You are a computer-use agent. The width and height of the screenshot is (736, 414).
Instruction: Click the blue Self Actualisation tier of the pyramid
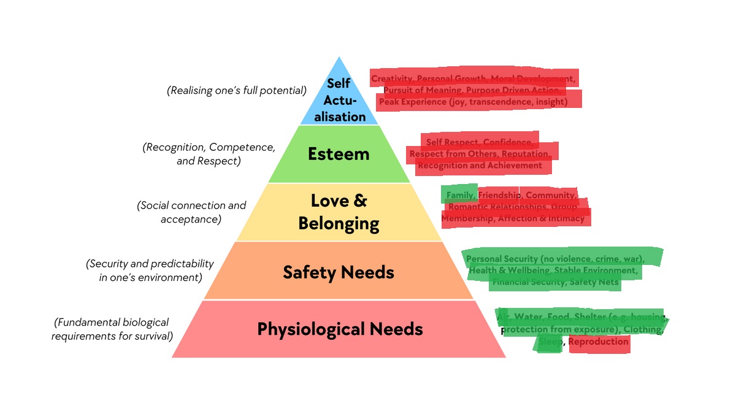(338, 99)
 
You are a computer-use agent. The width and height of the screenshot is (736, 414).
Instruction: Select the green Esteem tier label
(339, 153)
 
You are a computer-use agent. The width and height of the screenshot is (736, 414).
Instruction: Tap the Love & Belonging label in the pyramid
(339, 212)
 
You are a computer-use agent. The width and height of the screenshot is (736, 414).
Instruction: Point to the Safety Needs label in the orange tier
(339, 272)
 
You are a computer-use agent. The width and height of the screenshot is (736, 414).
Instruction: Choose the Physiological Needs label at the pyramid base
(340, 329)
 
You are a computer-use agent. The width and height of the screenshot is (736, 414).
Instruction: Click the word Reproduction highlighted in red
(599, 342)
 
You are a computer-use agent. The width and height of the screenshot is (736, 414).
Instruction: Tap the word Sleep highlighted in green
(550, 342)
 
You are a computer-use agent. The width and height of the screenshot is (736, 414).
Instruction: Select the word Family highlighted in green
(459, 195)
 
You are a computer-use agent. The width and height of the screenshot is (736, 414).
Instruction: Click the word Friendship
(499, 195)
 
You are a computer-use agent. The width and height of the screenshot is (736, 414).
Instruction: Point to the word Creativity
(391, 79)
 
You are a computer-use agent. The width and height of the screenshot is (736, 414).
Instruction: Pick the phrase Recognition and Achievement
(480, 165)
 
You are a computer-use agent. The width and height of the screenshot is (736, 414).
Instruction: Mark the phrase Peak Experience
(413, 101)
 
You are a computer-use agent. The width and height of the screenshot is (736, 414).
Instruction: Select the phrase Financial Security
(528, 282)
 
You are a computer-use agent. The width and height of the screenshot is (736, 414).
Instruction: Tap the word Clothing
(643, 329)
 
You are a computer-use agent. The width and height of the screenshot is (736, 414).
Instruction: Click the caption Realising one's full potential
(237, 91)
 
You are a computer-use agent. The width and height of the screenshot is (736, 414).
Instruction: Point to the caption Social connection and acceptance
(191, 212)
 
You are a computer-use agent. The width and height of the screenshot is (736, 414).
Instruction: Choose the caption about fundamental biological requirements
(112, 329)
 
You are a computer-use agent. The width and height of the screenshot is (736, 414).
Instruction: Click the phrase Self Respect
(452, 142)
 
